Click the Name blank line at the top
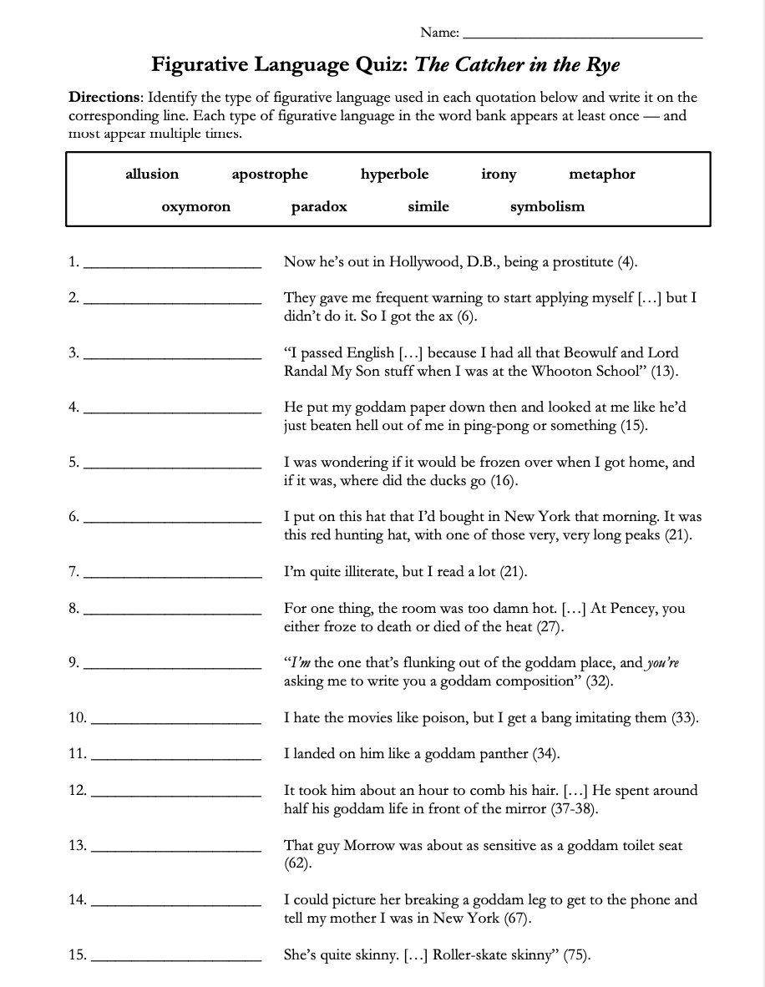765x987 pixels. (582, 37)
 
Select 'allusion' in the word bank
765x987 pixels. (152, 174)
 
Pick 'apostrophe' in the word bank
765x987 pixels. (270, 174)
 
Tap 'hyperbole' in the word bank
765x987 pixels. (394, 174)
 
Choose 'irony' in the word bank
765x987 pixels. (499, 174)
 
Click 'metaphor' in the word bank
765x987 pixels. (601, 174)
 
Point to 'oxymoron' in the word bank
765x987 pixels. (195, 206)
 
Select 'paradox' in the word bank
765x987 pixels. (319, 206)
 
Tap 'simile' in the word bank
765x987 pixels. (428, 206)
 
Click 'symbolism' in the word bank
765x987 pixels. (547, 206)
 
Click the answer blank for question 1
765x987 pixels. (174, 266)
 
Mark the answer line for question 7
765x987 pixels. (174, 576)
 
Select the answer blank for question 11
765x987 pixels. (175, 758)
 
